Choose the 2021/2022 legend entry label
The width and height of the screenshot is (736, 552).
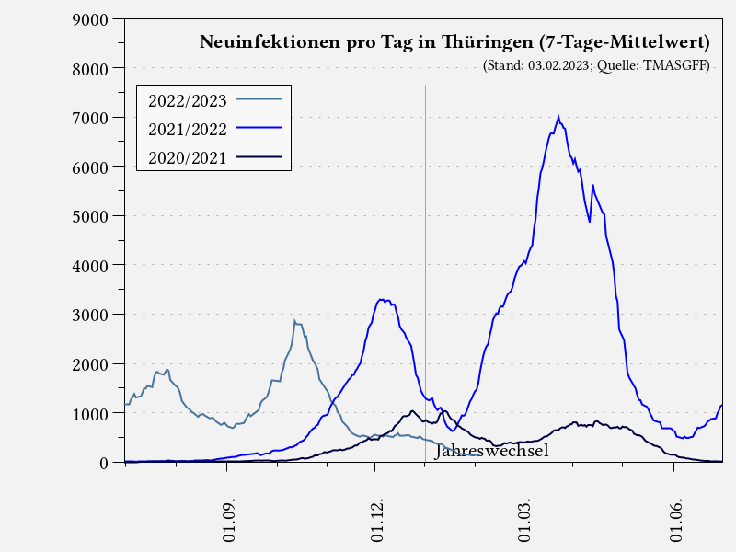tap(187, 128)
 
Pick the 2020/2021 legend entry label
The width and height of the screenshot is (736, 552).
tap(187, 157)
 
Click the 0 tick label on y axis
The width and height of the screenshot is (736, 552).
tap(104, 463)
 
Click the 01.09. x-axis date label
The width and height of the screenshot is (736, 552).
tap(229, 522)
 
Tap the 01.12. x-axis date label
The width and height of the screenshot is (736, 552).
tap(378, 522)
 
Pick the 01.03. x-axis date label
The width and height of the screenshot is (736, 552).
tap(526, 522)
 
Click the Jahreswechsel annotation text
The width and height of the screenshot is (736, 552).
tap(491, 451)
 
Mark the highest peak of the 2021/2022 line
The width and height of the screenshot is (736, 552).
tap(558, 117)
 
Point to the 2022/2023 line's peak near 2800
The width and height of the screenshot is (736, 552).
tap(294, 321)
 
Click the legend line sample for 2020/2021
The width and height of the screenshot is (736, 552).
tap(259, 157)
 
